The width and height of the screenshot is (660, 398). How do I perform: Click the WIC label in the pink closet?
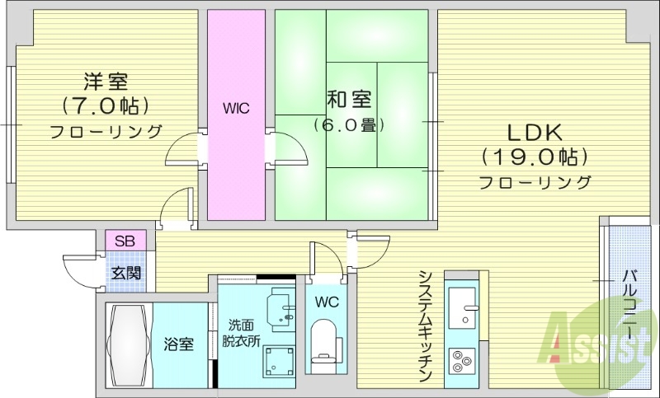[236, 108]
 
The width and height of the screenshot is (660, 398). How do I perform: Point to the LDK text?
[534, 132]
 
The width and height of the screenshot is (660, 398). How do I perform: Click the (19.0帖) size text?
[535, 157]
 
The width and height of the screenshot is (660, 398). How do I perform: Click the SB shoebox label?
[125, 241]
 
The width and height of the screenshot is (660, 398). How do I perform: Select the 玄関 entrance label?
[125, 273]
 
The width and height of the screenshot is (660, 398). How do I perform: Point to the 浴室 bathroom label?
[179, 344]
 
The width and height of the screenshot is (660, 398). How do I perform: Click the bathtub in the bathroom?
[129, 345]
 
